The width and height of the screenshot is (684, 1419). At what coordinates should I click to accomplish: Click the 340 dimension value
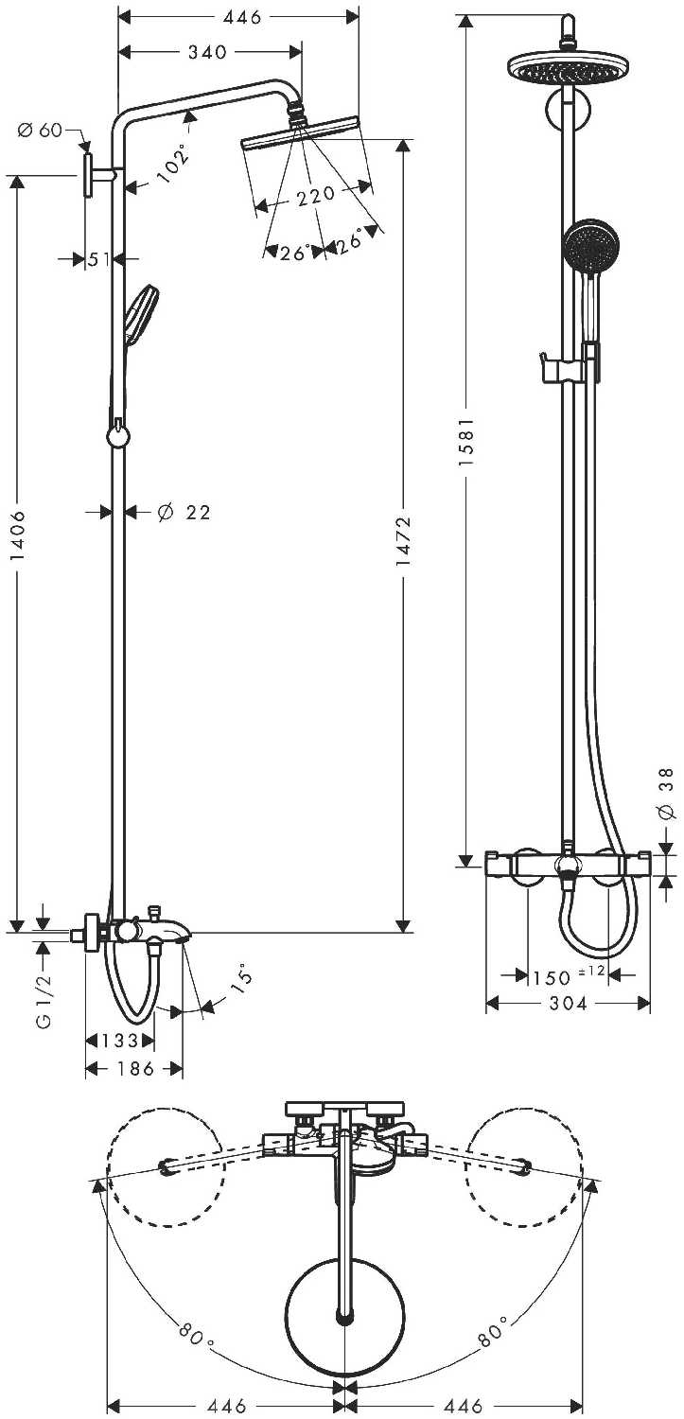coord(207,52)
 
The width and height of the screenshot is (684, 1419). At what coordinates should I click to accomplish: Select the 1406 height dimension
coord(18,534)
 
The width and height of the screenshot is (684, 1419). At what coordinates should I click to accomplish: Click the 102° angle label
coord(172,164)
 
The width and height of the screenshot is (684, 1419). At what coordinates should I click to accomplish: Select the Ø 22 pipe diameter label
coord(184,512)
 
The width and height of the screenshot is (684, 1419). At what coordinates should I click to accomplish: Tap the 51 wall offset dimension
coord(98,259)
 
